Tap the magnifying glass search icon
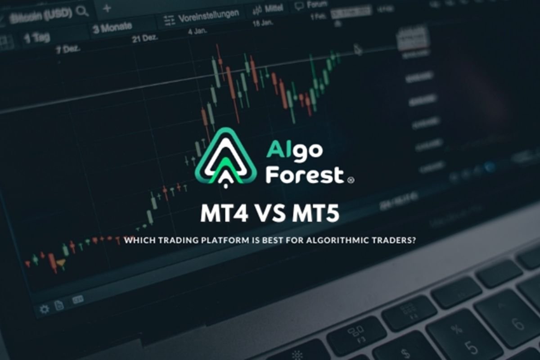(x=82, y=11)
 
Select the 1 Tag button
(x=36, y=37)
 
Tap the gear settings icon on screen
(x=44, y=309)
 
